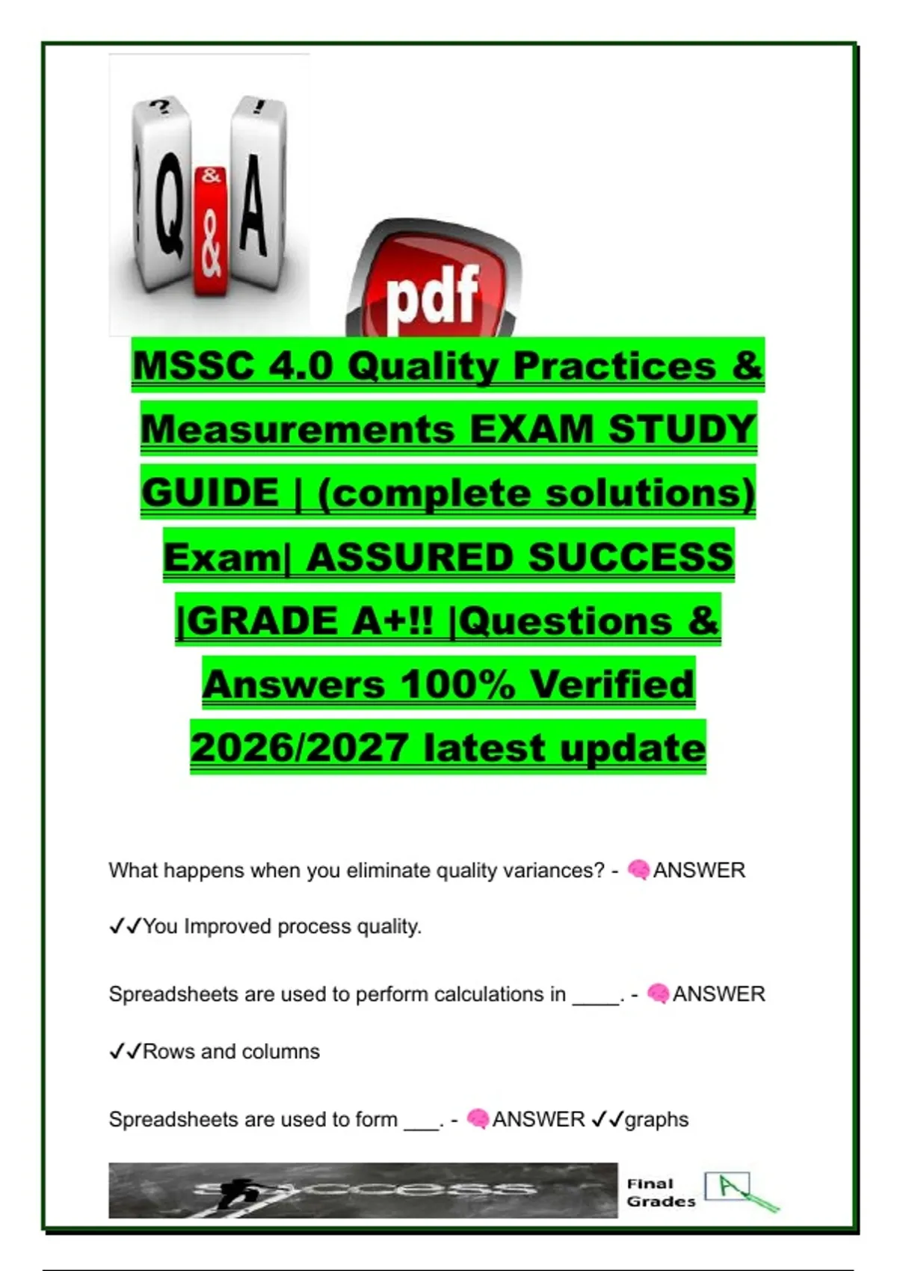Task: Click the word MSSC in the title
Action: coord(194,366)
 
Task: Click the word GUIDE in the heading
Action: coord(211,492)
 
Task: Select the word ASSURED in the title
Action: coord(411,556)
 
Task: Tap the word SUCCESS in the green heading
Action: coord(631,556)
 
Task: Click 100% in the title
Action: coord(458,684)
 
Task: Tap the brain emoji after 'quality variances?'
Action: coord(638,870)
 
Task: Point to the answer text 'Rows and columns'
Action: coord(231,1051)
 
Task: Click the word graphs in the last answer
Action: coord(656,1120)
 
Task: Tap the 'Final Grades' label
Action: coord(661,1193)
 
